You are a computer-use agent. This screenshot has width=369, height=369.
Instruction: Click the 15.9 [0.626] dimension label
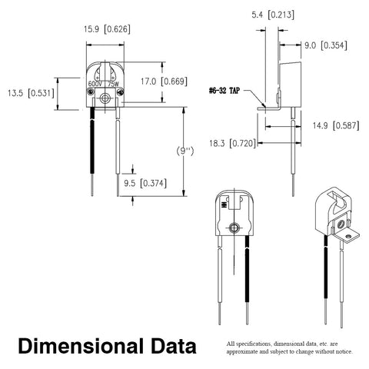click(x=107, y=29)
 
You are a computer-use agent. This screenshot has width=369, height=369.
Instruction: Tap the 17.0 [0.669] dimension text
click(x=164, y=81)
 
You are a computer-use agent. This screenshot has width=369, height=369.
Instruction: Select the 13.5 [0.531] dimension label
click(x=31, y=93)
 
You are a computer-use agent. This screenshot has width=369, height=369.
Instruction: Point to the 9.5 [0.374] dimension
click(x=145, y=183)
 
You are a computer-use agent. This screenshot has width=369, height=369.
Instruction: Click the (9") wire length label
click(x=185, y=151)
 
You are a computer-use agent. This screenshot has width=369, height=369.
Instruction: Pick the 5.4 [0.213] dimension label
click(x=273, y=15)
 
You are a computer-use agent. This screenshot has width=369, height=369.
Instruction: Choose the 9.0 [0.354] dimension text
click(x=326, y=45)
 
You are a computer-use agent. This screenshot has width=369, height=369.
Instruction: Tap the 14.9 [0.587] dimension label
click(x=336, y=125)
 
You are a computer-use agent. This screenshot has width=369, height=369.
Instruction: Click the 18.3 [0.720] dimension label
click(x=232, y=143)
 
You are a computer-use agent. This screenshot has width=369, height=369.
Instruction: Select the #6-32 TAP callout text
click(x=224, y=91)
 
